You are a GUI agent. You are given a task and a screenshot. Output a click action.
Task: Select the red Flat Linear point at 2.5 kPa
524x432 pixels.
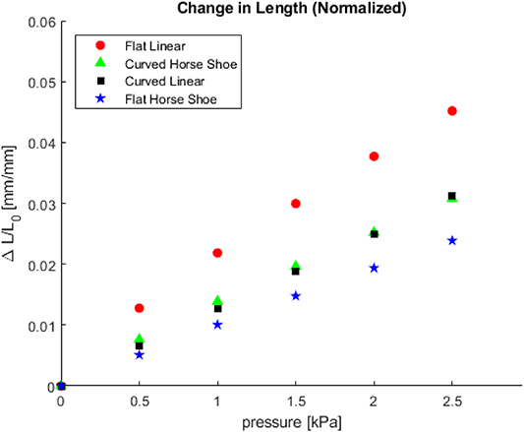[452, 111]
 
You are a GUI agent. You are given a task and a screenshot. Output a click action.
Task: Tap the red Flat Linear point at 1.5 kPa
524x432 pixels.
[296, 204]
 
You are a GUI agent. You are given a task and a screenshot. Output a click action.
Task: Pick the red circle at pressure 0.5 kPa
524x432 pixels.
[140, 308]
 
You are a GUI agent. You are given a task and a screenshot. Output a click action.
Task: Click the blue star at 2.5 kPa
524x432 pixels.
[452, 241]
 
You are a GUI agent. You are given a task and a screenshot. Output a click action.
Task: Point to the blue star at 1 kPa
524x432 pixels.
[217, 325]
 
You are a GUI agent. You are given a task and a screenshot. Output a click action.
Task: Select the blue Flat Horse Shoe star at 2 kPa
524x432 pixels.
[374, 268]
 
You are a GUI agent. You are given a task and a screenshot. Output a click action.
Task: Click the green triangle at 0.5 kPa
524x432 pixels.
[140, 339]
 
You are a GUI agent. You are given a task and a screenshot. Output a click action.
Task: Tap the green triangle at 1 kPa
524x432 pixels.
[217, 300]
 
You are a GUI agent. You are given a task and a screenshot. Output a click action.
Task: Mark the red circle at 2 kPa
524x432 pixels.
[374, 156]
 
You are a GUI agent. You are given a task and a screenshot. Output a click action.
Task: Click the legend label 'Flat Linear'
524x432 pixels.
[154, 45]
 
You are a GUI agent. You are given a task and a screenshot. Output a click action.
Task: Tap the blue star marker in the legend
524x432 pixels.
[98, 98]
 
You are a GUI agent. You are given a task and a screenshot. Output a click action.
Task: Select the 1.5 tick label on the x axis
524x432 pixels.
[296, 401]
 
